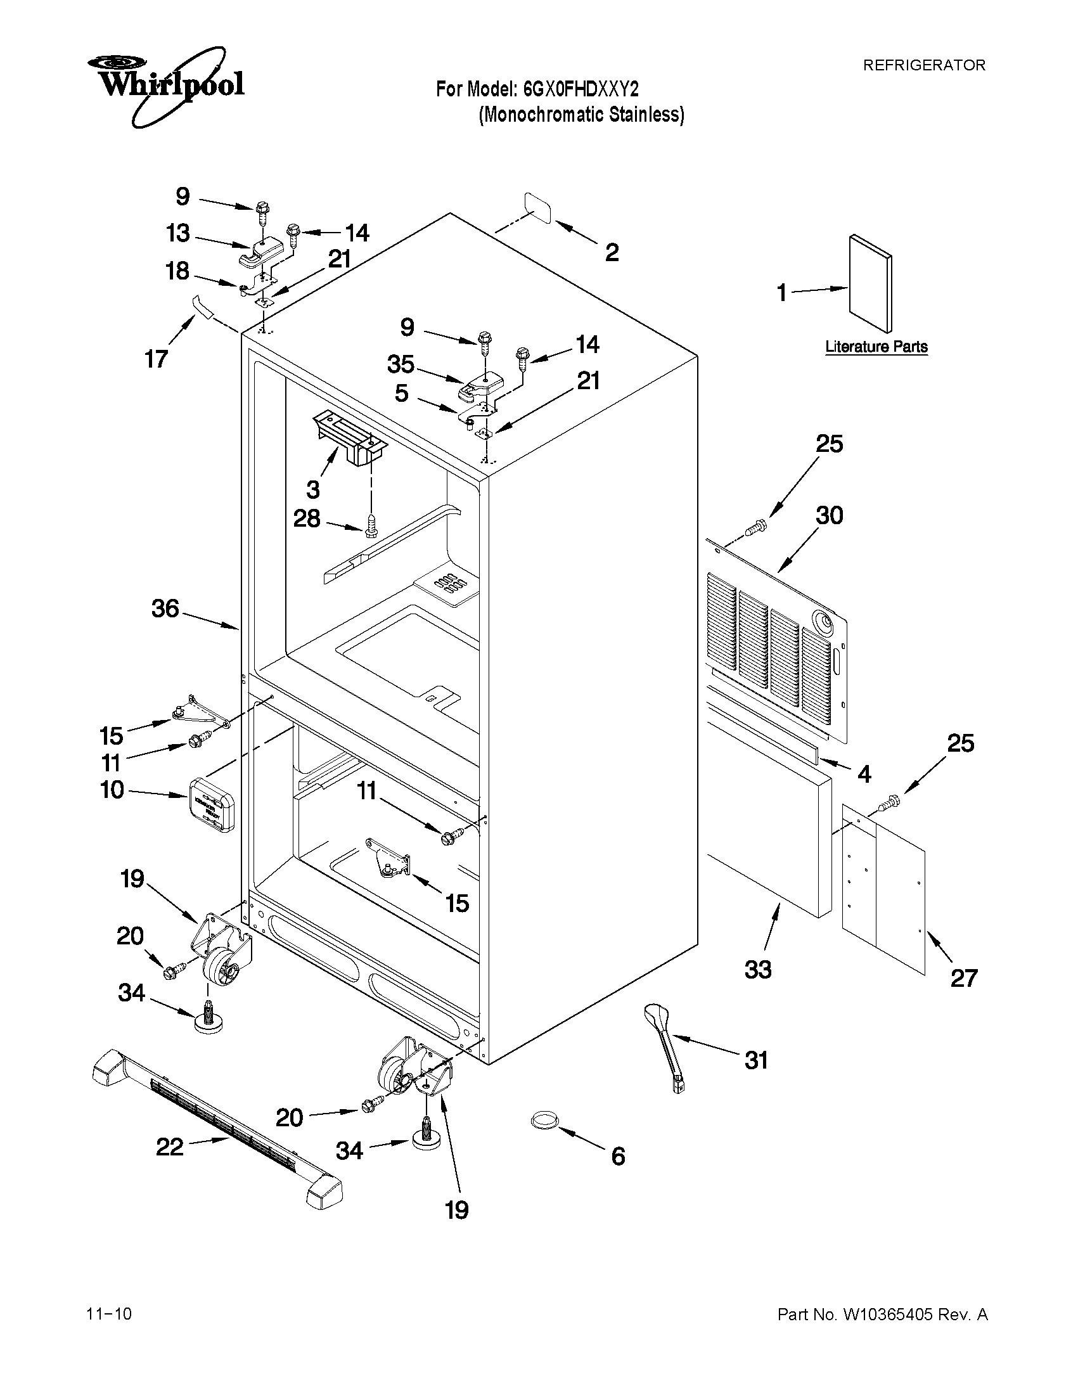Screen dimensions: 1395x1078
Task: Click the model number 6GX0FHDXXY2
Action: point(581,89)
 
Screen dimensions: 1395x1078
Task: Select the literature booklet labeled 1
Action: point(870,283)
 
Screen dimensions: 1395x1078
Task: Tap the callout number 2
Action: point(611,253)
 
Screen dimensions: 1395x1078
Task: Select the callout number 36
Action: point(165,608)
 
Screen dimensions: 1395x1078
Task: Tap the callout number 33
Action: point(757,969)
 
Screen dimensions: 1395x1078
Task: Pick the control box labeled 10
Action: point(212,805)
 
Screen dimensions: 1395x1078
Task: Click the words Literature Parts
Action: point(876,347)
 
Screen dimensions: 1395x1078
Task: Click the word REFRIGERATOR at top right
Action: point(924,65)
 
